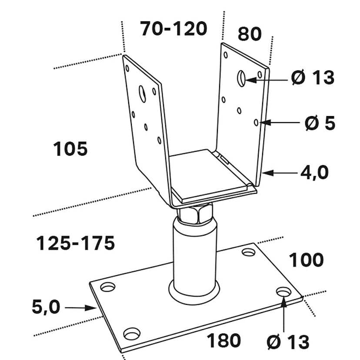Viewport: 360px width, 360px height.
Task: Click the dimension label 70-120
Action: pyautogui.click(x=173, y=29)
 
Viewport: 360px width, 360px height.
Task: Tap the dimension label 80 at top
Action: pyautogui.click(x=250, y=34)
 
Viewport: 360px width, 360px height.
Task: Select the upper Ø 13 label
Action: pyautogui.click(x=313, y=78)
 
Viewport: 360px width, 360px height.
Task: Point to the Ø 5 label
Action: pyautogui.click(x=320, y=123)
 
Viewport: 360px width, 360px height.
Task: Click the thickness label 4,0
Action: pyautogui.click(x=314, y=173)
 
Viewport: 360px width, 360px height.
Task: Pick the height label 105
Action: pyautogui.click(x=70, y=150)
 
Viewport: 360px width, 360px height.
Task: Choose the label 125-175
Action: pyautogui.click(x=75, y=243)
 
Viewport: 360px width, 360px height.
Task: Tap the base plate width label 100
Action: pyautogui.click(x=306, y=260)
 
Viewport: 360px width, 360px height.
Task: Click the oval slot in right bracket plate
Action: pyautogui.click(x=241, y=78)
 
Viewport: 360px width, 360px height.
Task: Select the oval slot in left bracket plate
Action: pyautogui.click(x=142, y=93)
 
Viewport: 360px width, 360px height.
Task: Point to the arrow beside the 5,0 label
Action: pyautogui.click(x=80, y=308)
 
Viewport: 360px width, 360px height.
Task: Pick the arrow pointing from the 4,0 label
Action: pyautogui.click(x=280, y=173)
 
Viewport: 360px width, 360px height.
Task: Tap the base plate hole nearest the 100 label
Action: pyautogui.click(x=249, y=252)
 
